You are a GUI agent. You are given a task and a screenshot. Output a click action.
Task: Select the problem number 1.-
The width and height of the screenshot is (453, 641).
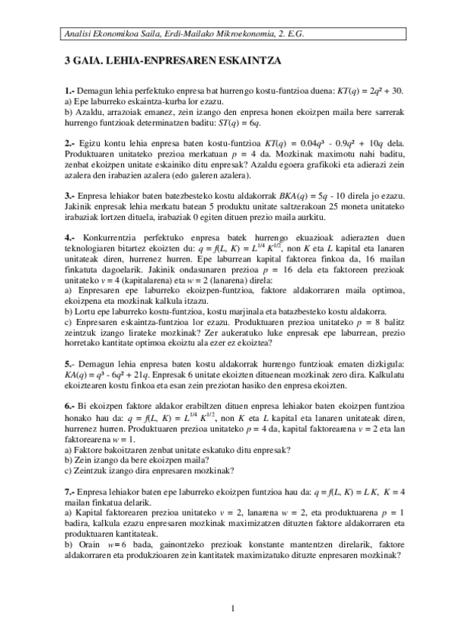pos(70,91)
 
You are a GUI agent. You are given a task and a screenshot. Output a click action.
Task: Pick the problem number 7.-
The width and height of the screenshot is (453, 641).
pos(70,492)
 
